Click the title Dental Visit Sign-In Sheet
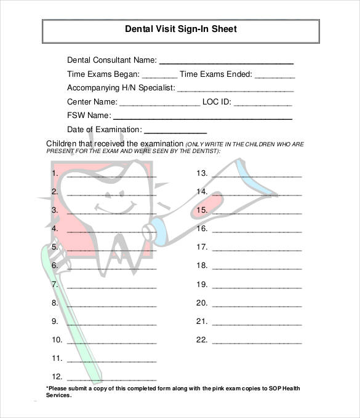tap(180, 29)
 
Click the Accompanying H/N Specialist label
tap(121, 87)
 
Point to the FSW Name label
tap(89, 115)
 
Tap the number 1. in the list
tap(55, 173)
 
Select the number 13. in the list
tap(202, 173)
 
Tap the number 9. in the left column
tap(55, 321)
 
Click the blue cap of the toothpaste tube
tap(159, 229)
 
